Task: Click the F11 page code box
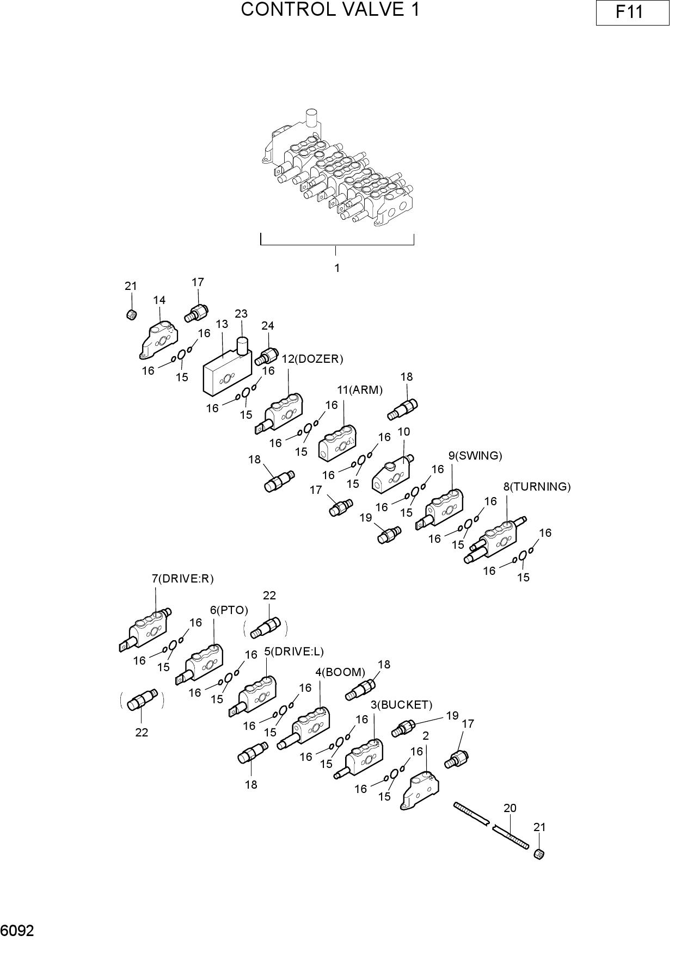(x=632, y=13)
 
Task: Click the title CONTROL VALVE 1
(x=330, y=10)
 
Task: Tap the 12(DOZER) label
(x=312, y=359)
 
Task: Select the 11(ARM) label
(x=360, y=390)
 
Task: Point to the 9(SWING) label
(x=475, y=456)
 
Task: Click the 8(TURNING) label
(x=537, y=487)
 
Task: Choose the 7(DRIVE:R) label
(x=183, y=579)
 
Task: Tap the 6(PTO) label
(x=229, y=610)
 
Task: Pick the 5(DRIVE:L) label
(x=294, y=652)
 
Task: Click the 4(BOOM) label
(x=340, y=672)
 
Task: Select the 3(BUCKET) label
(x=402, y=705)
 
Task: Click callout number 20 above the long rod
(x=510, y=808)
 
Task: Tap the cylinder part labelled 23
(x=242, y=346)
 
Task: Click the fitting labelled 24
(x=266, y=357)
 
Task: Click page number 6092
(x=17, y=931)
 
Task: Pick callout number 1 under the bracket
(x=337, y=268)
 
